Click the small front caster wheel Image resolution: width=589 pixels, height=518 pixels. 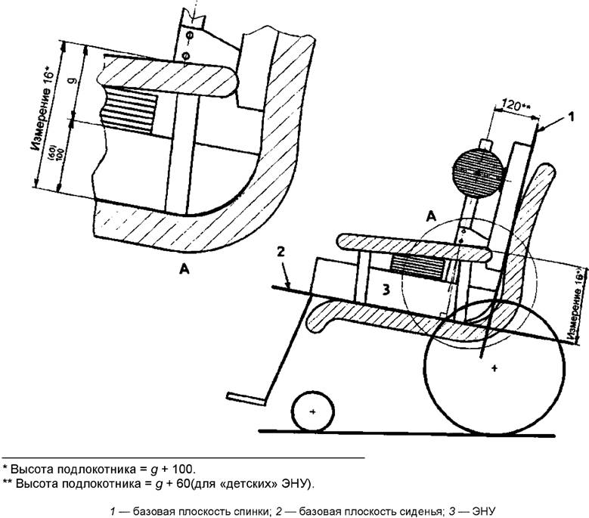click(314, 411)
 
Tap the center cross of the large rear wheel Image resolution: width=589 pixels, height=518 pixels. click(494, 368)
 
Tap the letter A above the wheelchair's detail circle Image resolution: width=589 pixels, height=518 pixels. click(432, 216)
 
